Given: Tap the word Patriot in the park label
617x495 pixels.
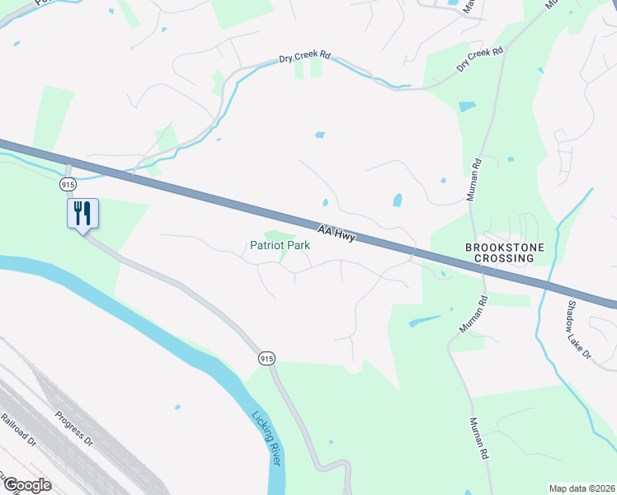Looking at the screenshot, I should [x=266, y=246].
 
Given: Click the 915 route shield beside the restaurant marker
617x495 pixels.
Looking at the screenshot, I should [x=68, y=183].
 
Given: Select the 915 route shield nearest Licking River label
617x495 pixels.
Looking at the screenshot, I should [x=265, y=358].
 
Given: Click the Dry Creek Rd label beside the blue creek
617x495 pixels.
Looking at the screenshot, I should [x=304, y=57].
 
